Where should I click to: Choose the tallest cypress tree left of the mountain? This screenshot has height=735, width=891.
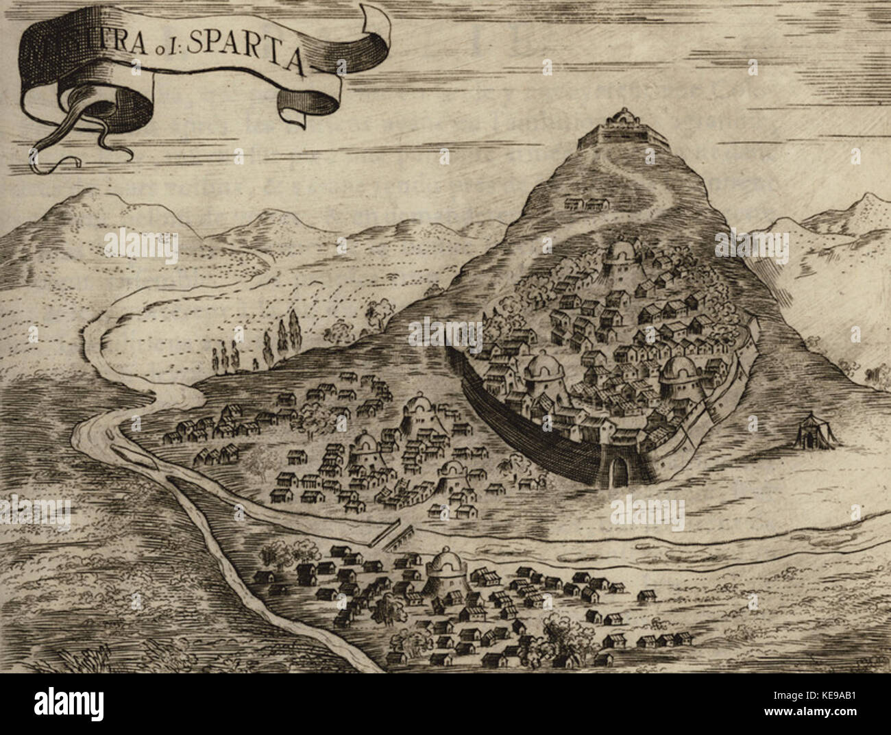pyautogui.click(x=295, y=332)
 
